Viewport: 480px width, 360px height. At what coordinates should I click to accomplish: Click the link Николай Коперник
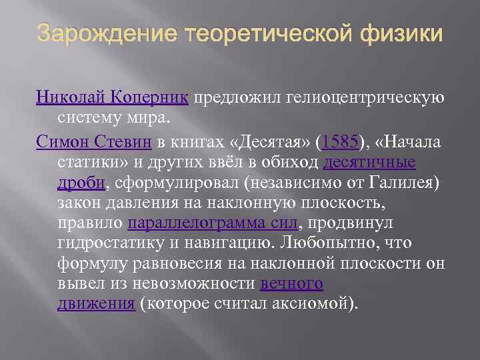[x=113, y=99]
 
